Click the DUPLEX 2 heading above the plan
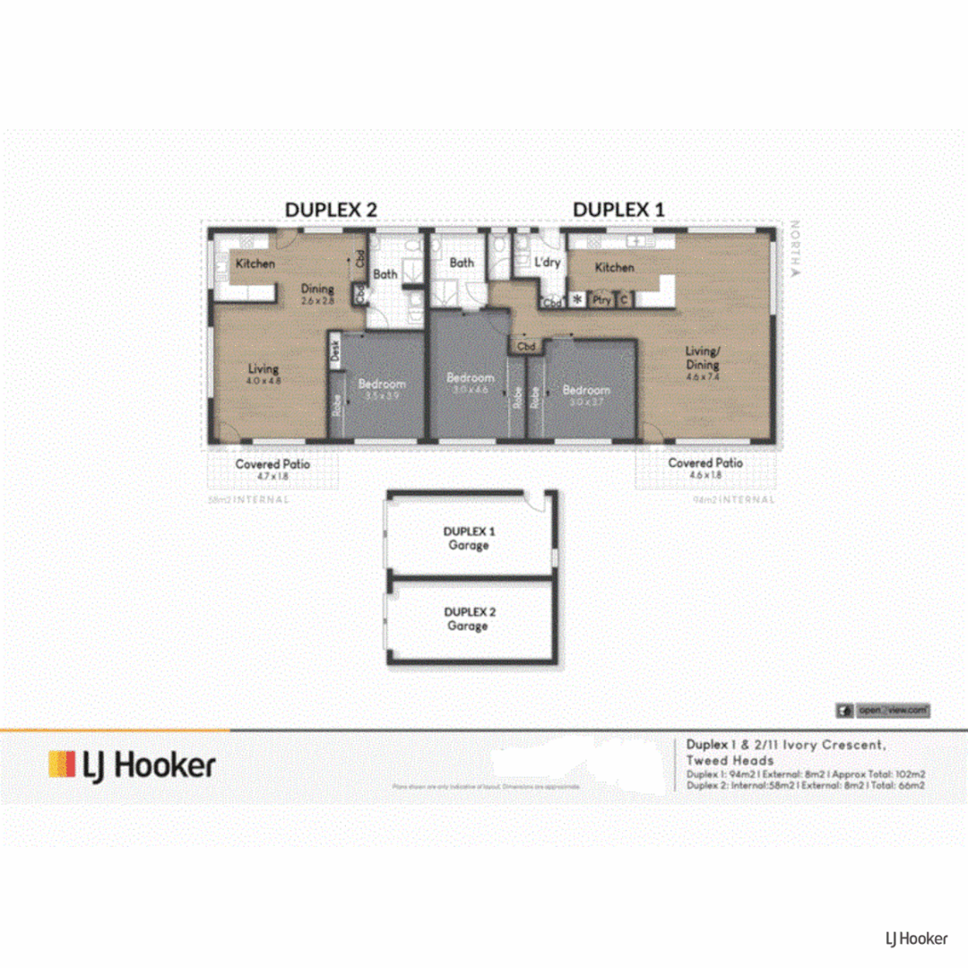331,209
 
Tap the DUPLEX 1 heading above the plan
618,209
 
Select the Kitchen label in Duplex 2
255,264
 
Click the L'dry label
547,263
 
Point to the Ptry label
602,300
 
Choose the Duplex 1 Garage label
468,538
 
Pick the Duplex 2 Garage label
468,618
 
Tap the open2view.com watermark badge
884,710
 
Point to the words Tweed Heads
717,760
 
